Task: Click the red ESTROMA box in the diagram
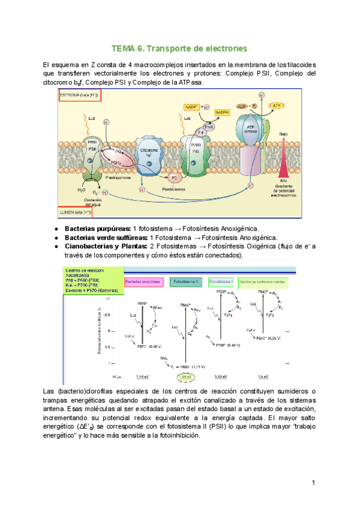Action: tap(80, 95)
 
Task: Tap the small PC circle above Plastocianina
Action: tap(174, 178)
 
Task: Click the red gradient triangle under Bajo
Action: tap(283, 159)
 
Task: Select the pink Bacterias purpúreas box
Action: tap(144, 281)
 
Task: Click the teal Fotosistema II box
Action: tap(187, 281)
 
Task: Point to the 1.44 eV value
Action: tap(142, 377)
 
